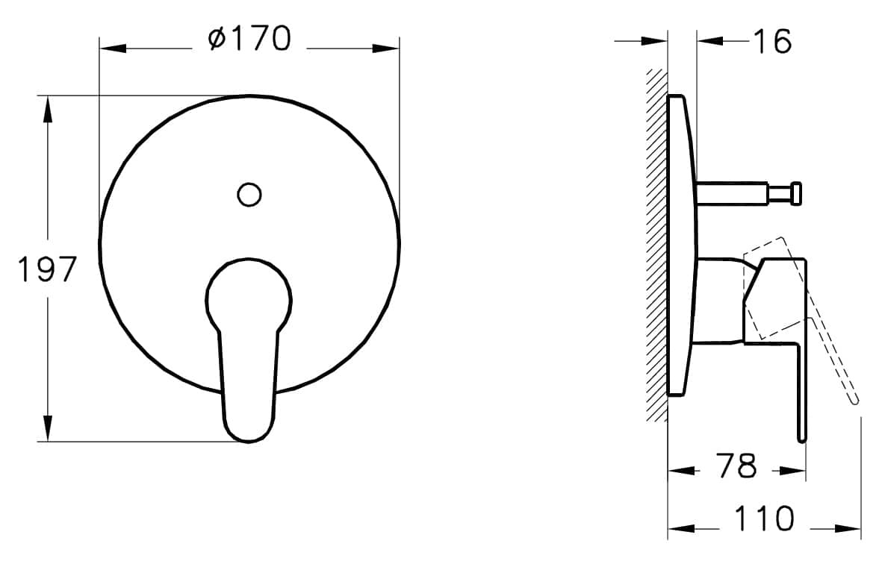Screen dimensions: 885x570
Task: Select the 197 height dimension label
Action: click(x=47, y=269)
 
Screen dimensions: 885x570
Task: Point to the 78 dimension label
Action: click(x=736, y=466)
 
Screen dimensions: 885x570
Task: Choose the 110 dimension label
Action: click(x=764, y=519)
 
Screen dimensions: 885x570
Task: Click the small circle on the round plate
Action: click(x=249, y=195)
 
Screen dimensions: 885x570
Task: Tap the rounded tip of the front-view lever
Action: click(x=249, y=431)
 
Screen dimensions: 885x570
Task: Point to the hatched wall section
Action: click(x=656, y=245)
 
